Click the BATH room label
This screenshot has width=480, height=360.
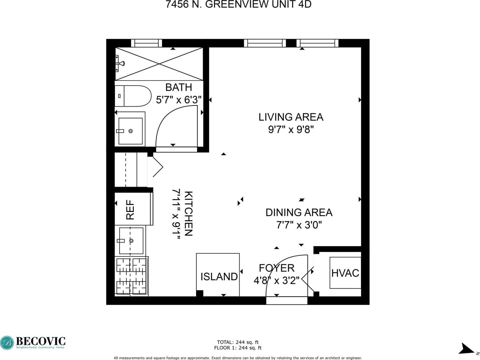179,88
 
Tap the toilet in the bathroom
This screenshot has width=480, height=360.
133,96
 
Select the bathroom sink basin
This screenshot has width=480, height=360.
131,131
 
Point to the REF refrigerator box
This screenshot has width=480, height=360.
134,209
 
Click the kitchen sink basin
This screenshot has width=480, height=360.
131,241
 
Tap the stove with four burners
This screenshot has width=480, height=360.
131,276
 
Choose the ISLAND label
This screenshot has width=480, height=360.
219,277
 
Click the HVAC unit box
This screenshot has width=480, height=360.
345,272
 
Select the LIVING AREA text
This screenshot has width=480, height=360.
291,117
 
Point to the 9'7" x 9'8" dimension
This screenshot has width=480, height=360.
291,130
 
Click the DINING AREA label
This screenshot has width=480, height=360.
299,213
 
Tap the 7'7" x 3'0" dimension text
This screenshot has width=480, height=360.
299,225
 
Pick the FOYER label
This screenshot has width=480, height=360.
277,268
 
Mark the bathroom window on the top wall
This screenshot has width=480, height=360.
146,43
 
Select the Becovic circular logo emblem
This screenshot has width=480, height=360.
7,343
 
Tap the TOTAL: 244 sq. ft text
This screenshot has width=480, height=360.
238,342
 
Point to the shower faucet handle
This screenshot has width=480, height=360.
120,64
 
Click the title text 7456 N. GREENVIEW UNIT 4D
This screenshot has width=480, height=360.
238,4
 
